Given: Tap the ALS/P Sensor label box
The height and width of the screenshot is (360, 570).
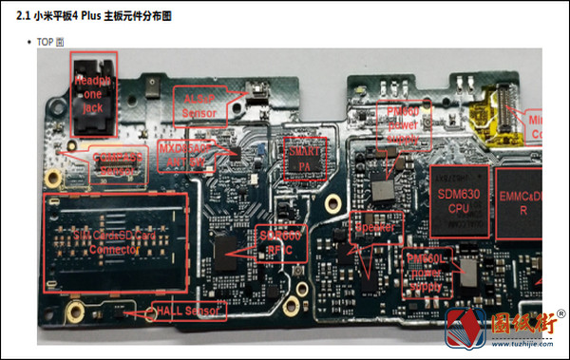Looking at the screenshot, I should (x=199, y=105).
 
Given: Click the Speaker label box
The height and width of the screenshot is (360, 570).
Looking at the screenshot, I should (x=378, y=229).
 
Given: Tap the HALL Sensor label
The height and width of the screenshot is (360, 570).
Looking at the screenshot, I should (x=189, y=311).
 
